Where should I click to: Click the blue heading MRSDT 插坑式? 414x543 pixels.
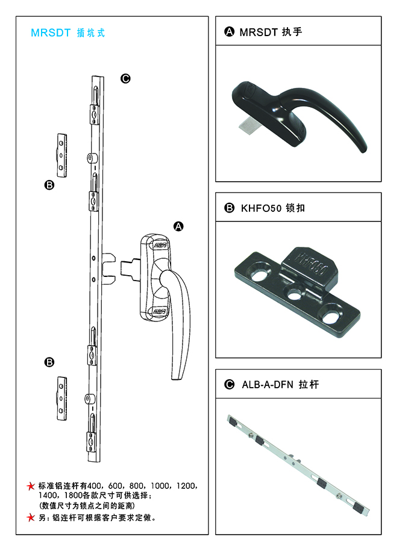click(x=68, y=33)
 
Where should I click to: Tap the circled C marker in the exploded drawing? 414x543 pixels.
click(x=125, y=79)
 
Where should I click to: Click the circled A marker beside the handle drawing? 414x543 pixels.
click(x=178, y=226)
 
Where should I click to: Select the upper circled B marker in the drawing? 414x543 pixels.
click(x=49, y=185)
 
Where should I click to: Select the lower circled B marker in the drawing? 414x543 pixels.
click(x=49, y=362)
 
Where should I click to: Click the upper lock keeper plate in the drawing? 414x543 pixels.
click(x=61, y=155)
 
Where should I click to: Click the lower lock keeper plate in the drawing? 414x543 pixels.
click(x=61, y=399)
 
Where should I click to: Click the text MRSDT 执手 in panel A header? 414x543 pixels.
click(x=271, y=32)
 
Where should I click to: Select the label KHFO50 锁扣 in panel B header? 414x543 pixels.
click(x=273, y=208)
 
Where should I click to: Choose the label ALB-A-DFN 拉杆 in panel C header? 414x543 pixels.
click(x=280, y=385)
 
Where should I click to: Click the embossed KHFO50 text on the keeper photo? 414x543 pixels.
click(x=312, y=264)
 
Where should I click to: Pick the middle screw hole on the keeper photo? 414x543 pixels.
click(x=294, y=296)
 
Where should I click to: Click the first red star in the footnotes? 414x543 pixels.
click(x=31, y=486)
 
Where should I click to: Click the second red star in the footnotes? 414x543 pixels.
click(x=31, y=518)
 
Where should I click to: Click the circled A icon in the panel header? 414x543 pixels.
click(x=229, y=32)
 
